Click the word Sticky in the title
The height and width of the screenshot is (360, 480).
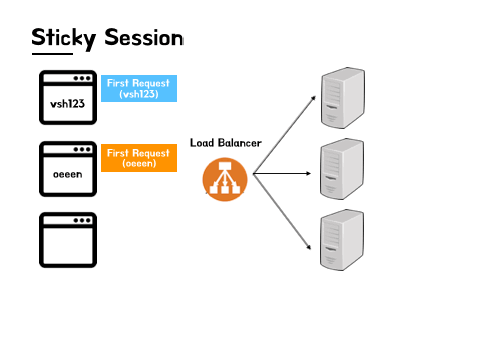click(64, 38)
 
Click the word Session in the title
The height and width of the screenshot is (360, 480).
click(144, 37)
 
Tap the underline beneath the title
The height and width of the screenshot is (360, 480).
click(52, 53)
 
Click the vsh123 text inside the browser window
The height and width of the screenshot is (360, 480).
click(67, 104)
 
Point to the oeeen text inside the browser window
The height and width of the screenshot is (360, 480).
click(68, 174)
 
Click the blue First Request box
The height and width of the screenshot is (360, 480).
click(139, 88)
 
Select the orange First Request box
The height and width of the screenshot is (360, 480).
click(139, 158)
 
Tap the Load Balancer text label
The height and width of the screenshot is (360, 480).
click(226, 143)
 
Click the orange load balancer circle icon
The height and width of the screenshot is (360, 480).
click(225, 179)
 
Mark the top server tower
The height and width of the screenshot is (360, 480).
click(343, 98)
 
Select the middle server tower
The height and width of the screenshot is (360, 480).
click(342, 169)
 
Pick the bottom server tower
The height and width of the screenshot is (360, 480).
click(342, 240)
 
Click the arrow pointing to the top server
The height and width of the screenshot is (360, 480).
click(284, 135)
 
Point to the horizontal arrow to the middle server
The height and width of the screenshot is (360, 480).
click(282, 173)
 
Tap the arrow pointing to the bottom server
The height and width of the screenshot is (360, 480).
click(282, 211)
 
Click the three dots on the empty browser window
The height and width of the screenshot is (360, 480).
click(82, 220)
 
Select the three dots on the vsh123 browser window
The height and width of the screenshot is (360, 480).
click(82, 78)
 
